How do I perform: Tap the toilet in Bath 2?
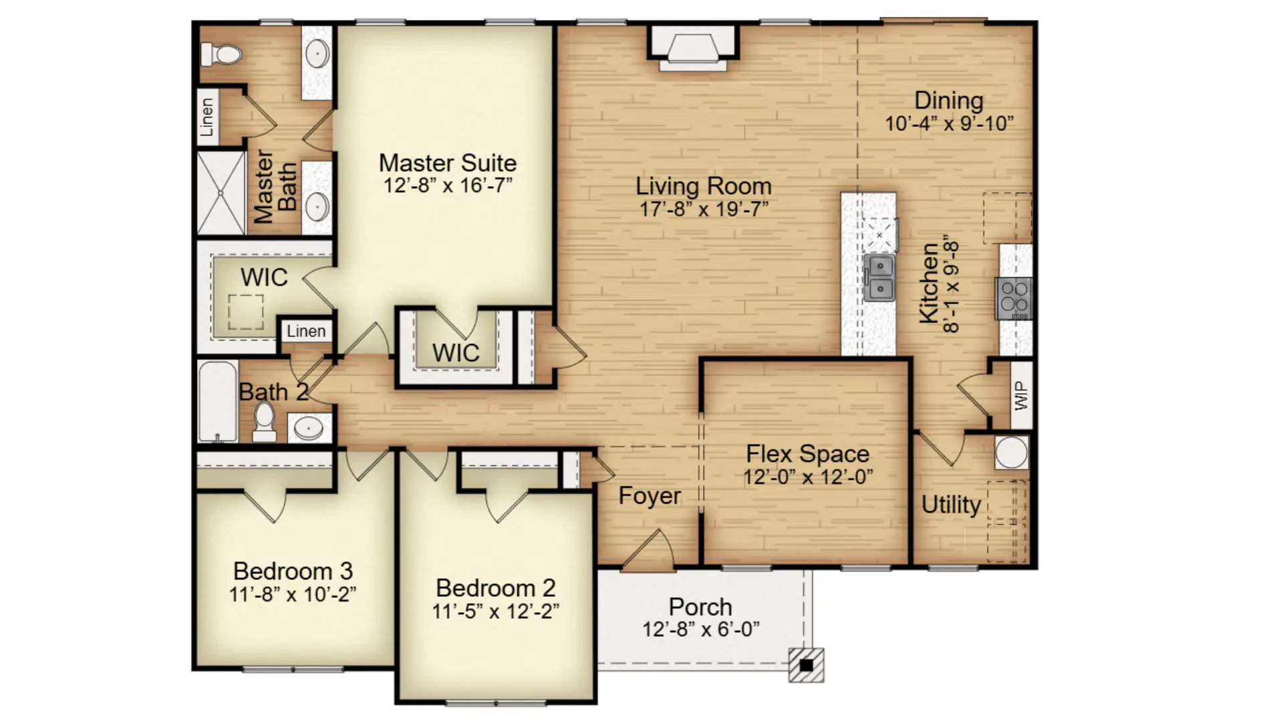pyautogui.click(x=265, y=423)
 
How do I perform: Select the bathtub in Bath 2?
pyautogui.click(x=218, y=401)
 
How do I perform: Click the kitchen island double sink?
pyautogui.click(x=879, y=277)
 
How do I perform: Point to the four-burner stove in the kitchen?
pyautogui.click(x=1014, y=298)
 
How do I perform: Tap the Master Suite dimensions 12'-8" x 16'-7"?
pyautogui.click(x=448, y=186)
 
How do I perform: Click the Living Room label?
pyautogui.click(x=704, y=186)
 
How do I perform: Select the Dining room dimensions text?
pyautogui.click(x=949, y=124)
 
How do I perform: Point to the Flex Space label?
pyautogui.click(x=808, y=454)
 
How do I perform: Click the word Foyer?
pyautogui.click(x=650, y=496)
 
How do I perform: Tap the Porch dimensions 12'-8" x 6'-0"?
pyautogui.click(x=701, y=630)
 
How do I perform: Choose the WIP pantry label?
pyautogui.click(x=1021, y=395)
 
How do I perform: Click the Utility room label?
pyautogui.click(x=951, y=505)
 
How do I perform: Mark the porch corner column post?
pyautogui.click(x=806, y=665)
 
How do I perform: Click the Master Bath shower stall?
pyautogui.click(x=221, y=194)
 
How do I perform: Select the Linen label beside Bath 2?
pyautogui.click(x=306, y=331)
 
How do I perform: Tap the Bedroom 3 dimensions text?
pyautogui.click(x=293, y=594)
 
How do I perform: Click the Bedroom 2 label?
pyautogui.click(x=495, y=588)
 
